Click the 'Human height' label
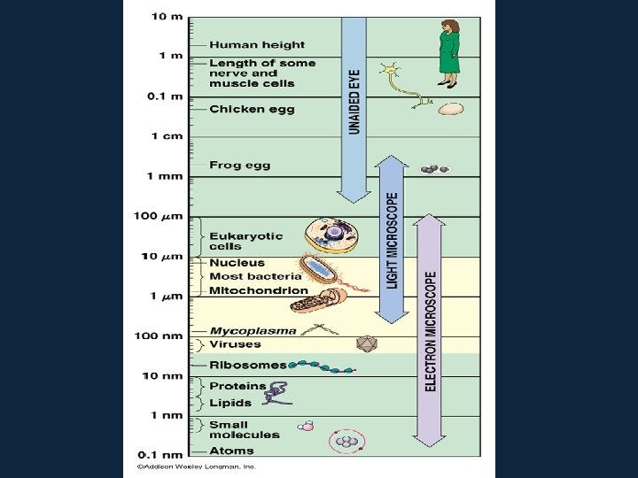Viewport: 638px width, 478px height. (x=256, y=44)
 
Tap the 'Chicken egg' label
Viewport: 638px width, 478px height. (x=251, y=110)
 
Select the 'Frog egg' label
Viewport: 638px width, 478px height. (x=239, y=165)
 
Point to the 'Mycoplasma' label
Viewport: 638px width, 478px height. (x=253, y=331)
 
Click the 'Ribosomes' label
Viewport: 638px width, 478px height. (x=247, y=365)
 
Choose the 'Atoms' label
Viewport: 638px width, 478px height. (x=230, y=451)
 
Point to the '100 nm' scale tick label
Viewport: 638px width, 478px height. (x=160, y=335)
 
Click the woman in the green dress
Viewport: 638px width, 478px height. (x=448, y=48)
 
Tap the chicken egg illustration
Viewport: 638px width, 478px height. (x=450, y=109)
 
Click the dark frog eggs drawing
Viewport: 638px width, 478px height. (x=434, y=168)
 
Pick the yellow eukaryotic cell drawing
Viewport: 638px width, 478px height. (x=331, y=235)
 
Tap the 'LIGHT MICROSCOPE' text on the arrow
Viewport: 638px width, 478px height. (x=392, y=240)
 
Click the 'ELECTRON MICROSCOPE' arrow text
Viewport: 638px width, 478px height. (x=431, y=331)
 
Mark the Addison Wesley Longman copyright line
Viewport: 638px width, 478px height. (x=196, y=465)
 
